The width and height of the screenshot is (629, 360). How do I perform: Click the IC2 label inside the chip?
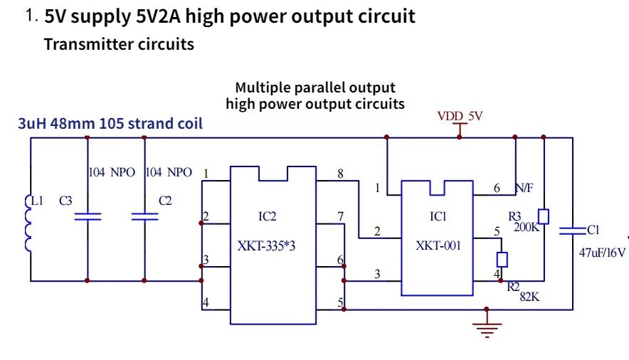[267, 216]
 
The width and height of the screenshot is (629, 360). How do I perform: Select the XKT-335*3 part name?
[266, 245]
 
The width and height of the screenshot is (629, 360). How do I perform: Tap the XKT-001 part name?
[438, 245]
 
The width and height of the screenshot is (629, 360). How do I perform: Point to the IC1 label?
[438, 216]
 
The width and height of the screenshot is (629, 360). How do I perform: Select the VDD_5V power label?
[460, 116]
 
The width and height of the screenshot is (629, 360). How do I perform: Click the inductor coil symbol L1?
[28, 223]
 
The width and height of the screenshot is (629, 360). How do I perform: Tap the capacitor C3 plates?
[88, 216]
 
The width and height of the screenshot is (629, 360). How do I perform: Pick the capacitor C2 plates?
[145, 216]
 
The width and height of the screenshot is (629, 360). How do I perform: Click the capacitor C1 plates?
[573, 231]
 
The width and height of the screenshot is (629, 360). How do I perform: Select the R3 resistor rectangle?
[544, 216]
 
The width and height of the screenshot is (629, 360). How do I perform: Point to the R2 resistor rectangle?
[502, 260]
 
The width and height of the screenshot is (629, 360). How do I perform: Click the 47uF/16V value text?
[602, 253]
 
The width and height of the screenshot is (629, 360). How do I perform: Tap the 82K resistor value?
[529, 297]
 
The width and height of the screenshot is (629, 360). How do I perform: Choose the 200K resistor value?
[527, 227]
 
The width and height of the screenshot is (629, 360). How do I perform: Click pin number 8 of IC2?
[340, 174]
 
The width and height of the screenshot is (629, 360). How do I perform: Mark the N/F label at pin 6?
[524, 188]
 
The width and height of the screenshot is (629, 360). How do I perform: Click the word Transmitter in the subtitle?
[88, 44]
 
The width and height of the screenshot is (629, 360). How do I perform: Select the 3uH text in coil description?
[32, 124]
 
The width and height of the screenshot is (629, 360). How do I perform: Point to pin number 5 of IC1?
[497, 231]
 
